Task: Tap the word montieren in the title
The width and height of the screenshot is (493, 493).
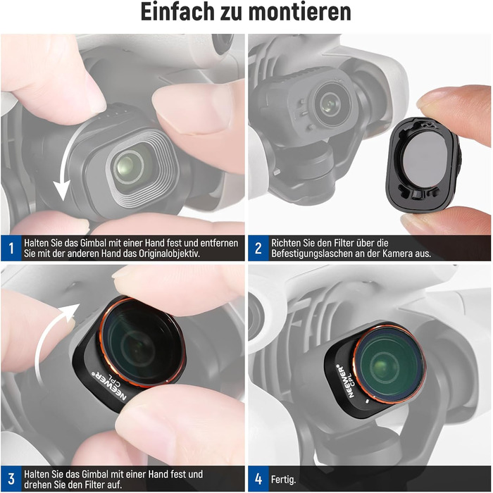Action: [299, 12]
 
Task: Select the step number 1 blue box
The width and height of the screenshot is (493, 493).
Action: [11, 248]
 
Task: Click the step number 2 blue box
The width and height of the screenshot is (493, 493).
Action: [258, 248]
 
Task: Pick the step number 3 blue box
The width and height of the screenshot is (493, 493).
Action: [11, 478]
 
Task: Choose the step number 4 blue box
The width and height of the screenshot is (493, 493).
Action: [258, 478]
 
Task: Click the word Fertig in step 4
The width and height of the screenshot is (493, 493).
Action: [283, 480]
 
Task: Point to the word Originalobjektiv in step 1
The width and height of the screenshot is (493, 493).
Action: [169, 254]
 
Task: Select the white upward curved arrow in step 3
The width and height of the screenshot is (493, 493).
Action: [47, 339]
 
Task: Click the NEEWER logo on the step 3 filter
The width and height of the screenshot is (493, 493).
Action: [108, 385]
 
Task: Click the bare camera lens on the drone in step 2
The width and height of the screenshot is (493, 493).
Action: [329, 104]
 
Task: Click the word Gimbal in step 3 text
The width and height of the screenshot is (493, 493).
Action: [94, 474]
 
